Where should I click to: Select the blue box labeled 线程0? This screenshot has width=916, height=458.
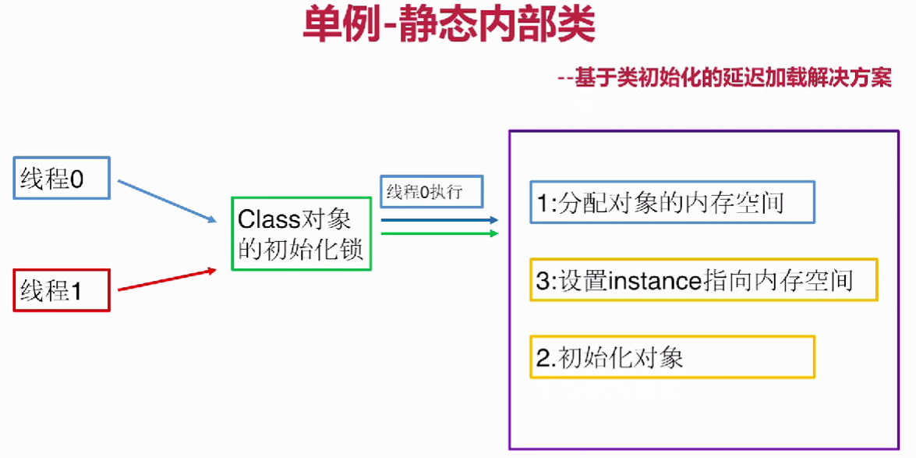62,178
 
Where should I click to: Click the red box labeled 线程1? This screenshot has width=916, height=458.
62,290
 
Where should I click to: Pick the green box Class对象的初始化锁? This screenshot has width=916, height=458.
302,233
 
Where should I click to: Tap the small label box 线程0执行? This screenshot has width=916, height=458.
432,191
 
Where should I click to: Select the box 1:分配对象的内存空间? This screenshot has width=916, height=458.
673,202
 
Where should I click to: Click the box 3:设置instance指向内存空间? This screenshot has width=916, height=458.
704,279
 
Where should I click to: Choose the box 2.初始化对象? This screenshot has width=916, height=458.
673,357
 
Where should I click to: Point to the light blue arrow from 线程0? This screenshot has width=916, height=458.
167,201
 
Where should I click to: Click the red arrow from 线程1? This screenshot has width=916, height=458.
168,279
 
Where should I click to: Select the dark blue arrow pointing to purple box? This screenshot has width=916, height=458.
440,220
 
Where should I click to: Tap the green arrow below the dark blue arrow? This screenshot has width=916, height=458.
440,233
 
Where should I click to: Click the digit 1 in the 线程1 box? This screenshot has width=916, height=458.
75,291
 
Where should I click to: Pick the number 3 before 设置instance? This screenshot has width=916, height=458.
542,281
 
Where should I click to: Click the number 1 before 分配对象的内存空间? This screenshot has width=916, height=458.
541,204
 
